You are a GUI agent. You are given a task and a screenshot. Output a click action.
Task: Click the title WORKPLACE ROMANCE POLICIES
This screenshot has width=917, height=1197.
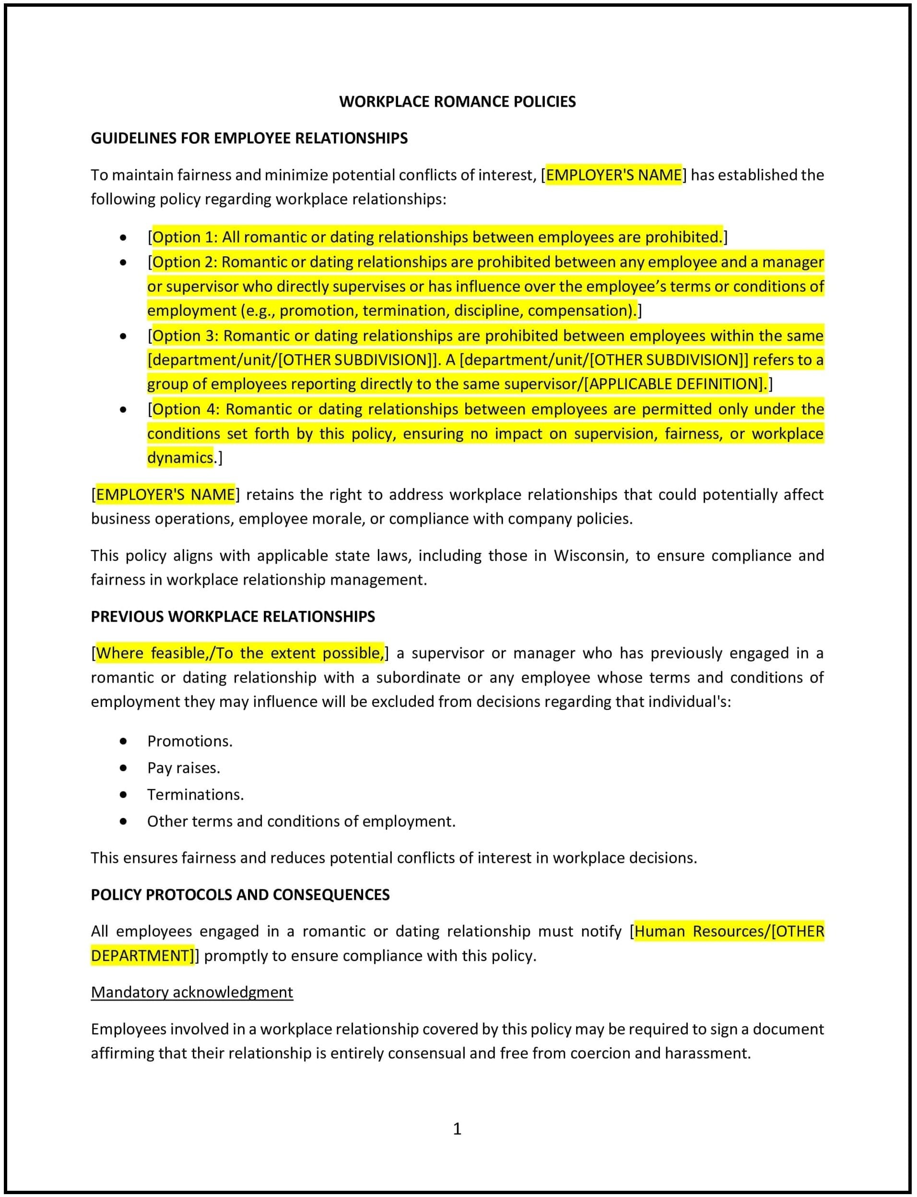[x=458, y=102]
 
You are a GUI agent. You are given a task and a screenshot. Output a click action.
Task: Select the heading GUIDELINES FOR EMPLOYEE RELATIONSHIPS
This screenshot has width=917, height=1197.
[x=249, y=138]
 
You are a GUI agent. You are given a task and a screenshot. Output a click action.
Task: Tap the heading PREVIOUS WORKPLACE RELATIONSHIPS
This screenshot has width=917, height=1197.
[x=233, y=617]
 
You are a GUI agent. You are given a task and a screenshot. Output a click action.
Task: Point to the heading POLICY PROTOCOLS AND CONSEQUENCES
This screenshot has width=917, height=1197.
[x=240, y=895]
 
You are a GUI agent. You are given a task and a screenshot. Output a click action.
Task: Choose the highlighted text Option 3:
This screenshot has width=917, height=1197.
[x=186, y=335]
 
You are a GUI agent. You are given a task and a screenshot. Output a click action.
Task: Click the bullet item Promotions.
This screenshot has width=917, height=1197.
[x=190, y=741]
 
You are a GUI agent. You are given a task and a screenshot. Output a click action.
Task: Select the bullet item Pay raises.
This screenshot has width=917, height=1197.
[x=183, y=768]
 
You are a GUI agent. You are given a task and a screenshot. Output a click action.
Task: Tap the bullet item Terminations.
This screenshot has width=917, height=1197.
[x=195, y=794]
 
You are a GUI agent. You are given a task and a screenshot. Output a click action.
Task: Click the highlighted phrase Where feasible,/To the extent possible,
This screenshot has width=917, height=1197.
[x=240, y=653]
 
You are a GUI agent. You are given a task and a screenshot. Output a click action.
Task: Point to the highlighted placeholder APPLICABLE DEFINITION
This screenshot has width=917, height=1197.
[x=675, y=384]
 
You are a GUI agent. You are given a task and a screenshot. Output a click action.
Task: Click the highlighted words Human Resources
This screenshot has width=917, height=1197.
[x=701, y=931]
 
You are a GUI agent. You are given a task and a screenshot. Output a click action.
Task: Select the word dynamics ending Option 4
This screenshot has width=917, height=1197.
[x=180, y=457]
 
